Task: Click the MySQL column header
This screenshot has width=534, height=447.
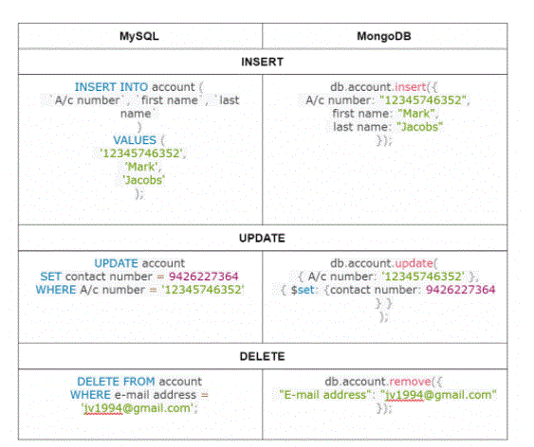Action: tap(138, 36)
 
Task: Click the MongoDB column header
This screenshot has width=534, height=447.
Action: tap(384, 36)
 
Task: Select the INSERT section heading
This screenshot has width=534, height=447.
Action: tap(262, 62)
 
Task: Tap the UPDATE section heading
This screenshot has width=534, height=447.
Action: tap(262, 238)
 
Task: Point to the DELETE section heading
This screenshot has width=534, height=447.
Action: tap(262, 356)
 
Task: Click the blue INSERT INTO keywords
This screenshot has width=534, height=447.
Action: tap(111, 87)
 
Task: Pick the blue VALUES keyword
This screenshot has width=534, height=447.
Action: tap(135, 140)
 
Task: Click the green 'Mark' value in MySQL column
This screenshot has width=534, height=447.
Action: tap(142, 167)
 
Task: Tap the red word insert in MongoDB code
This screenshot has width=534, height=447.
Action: tap(410, 87)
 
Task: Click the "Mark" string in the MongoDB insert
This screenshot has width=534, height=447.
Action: tap(416, 114)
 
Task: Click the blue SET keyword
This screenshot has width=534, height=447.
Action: tap(50, 277)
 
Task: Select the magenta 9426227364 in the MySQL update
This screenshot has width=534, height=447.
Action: tap(203, 277)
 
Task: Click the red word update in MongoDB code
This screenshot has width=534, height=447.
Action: tap(414, 263)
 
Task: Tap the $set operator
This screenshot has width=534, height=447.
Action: tap(303, 290)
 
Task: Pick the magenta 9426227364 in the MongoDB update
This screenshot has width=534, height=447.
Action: tap(460, 290)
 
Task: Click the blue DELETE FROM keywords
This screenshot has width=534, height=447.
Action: tap(116, 382)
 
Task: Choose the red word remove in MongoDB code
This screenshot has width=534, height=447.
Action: tap(410, 382)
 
